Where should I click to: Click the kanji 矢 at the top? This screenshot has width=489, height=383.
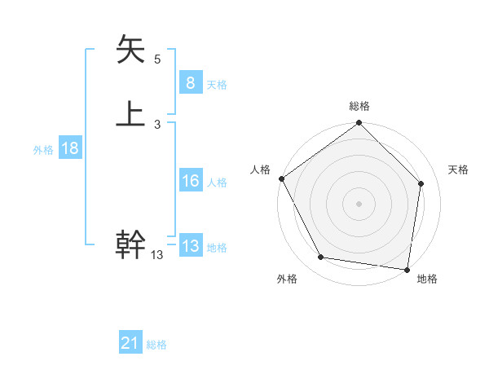130,49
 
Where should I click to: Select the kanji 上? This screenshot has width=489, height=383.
130,114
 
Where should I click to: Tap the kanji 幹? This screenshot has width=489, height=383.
130,244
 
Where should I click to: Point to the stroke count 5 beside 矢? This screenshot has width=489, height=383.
157,59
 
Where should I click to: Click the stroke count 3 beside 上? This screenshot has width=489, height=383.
157,124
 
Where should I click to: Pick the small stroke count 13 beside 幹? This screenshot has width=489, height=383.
157,255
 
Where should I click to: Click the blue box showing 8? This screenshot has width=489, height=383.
190,82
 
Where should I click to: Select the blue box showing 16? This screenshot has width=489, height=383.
190,181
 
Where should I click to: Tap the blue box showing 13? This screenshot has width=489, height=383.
190,246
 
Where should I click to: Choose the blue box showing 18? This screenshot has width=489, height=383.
69,148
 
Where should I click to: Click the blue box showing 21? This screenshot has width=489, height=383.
130,343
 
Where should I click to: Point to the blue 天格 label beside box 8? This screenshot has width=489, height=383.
217,84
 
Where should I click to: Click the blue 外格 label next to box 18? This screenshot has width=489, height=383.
43,149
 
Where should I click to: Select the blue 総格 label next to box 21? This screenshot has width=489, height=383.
156,345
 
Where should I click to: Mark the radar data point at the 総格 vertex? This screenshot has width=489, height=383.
359,123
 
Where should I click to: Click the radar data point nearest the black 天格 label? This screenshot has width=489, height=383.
421,183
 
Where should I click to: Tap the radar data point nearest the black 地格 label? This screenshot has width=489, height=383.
407,268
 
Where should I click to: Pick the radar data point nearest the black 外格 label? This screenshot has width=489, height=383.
321,258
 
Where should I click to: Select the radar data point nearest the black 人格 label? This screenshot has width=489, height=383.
281,178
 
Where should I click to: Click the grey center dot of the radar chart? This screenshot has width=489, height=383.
359,203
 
